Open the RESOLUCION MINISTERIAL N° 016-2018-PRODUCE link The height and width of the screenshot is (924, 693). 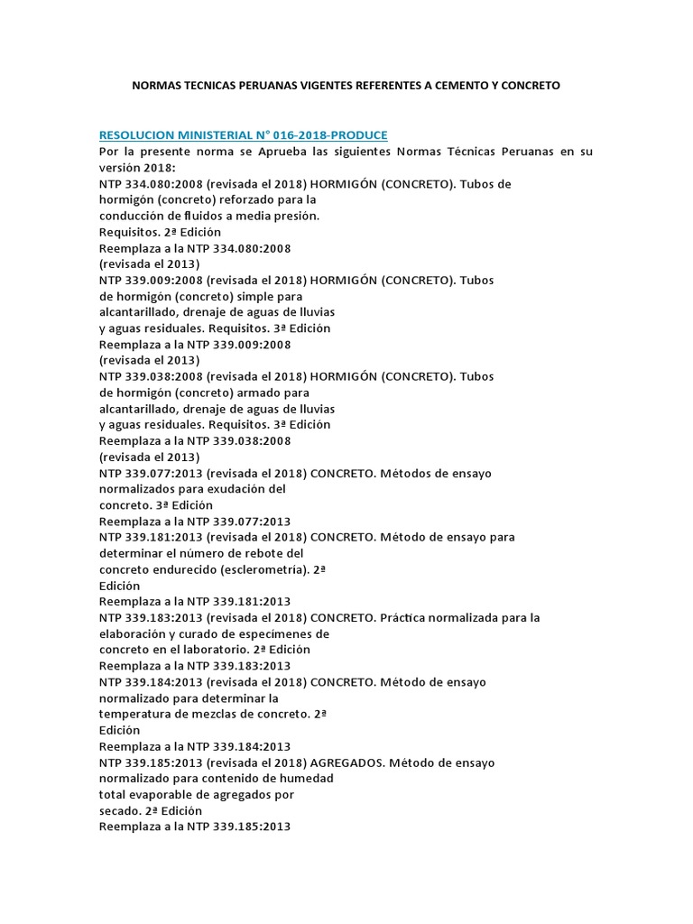point(243,135)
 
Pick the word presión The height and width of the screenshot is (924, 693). point(296,217)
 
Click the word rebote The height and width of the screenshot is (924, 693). point(255,553)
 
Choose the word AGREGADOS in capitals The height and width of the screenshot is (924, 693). point(348,762)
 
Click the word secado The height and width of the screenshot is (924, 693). point(119,810)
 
